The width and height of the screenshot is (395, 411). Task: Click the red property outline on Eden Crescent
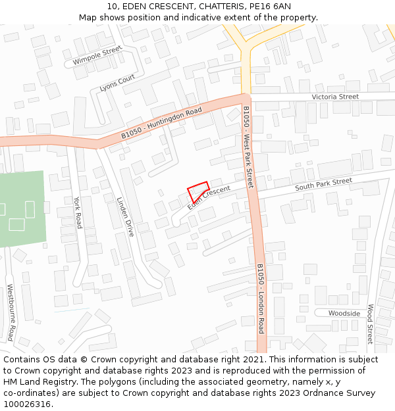[198, 191]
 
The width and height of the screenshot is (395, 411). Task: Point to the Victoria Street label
[335, 97]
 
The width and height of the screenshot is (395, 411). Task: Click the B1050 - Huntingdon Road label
[161, 124]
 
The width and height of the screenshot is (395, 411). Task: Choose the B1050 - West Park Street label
[248, 147]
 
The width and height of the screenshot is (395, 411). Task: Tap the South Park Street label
[323, 185]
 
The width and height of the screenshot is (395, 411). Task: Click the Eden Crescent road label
[209, 198]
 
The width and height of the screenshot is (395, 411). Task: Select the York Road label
[78, 212]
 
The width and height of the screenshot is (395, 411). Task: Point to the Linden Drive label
[125, 217]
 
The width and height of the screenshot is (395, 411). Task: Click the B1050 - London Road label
[260, 299]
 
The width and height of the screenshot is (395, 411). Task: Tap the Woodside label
[344, 314]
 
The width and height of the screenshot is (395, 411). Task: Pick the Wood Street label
[370, 324]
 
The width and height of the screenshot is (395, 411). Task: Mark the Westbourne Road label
[11, 312]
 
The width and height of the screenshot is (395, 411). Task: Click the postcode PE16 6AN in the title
[273, 6]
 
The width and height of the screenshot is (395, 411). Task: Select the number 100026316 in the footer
[27, 404]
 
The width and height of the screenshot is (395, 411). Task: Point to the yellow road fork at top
[245, 47]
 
